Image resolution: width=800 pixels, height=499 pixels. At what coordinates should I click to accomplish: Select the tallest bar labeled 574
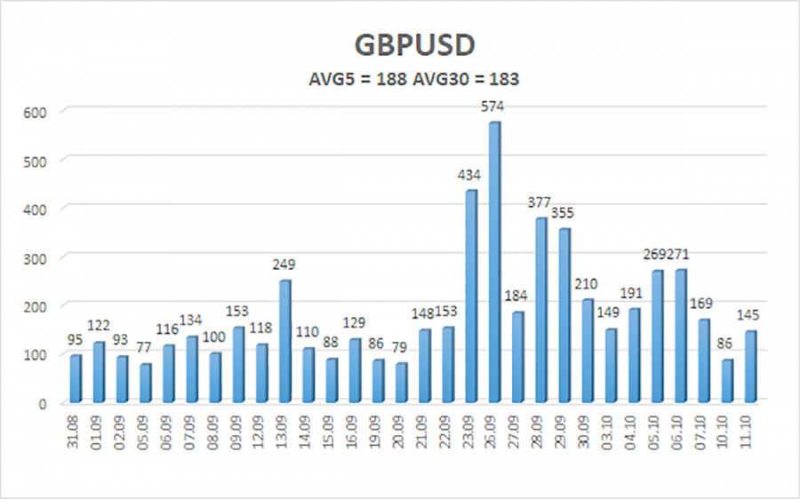pos(494,262)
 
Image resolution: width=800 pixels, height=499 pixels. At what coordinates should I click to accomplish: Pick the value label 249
pos(284,265)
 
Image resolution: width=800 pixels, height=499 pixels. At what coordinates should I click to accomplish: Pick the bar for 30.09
pos(588,350)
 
